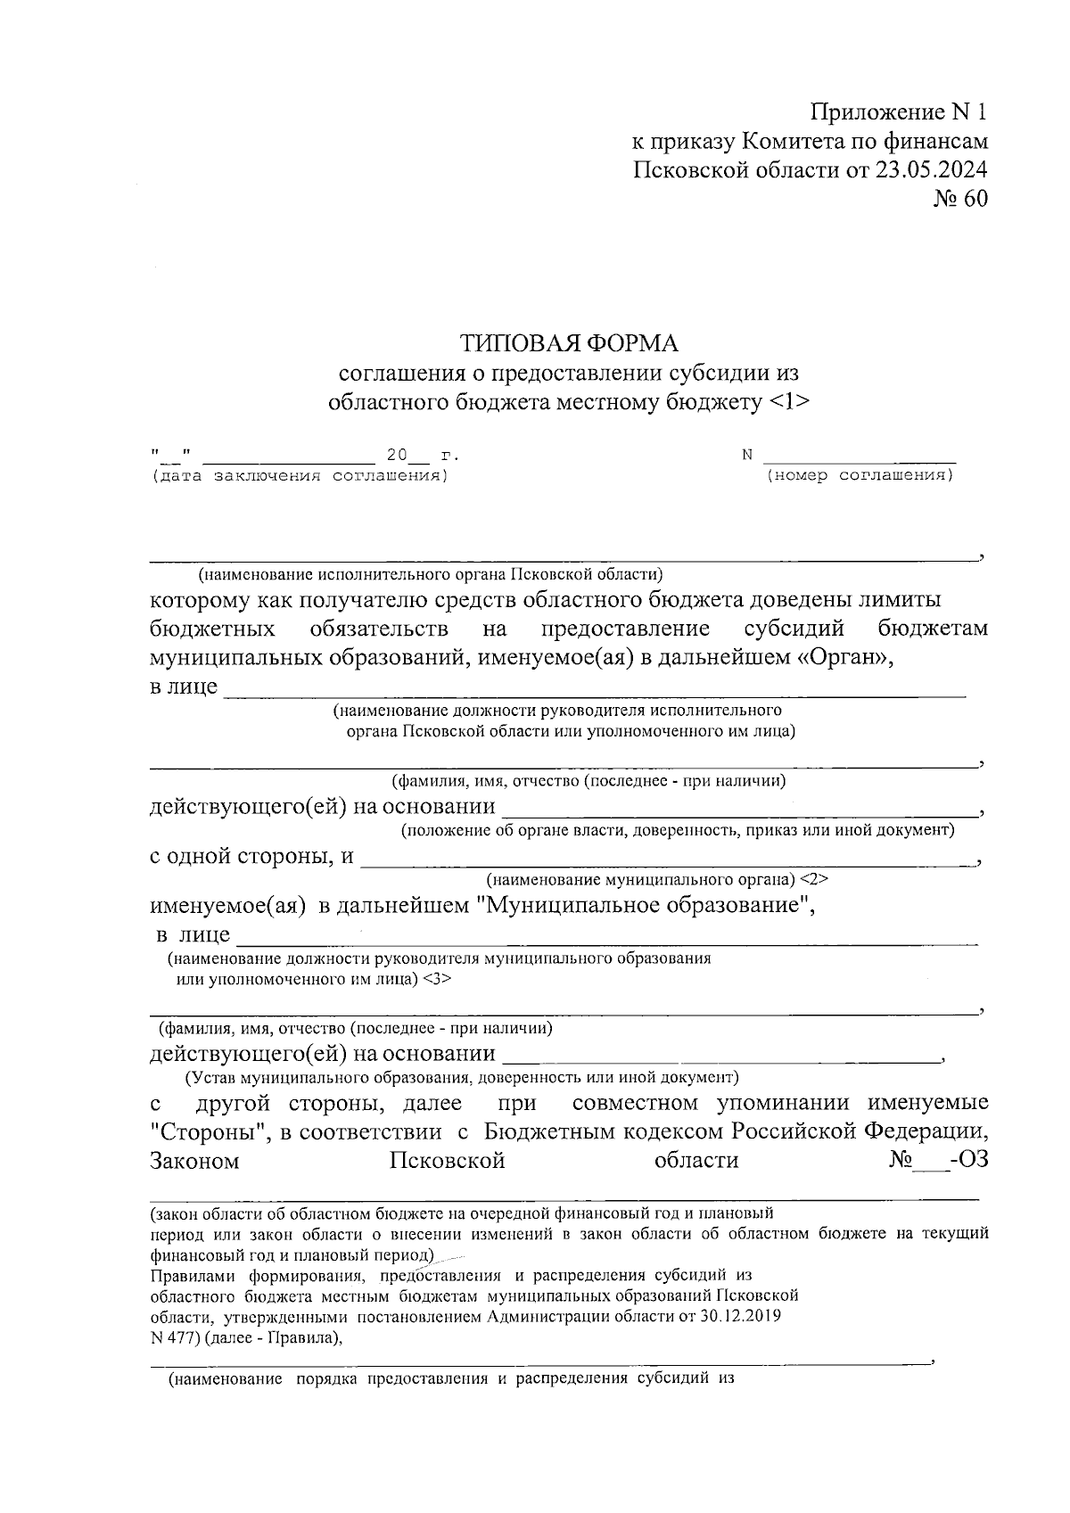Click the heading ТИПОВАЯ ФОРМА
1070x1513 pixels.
[x=569, y=343]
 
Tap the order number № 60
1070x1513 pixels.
[x=960, y=199]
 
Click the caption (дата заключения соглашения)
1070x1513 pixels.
[x=300, y=475]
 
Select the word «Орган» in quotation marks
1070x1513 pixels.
[x=843, y=658]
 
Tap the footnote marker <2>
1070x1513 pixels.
[x=814, y=879]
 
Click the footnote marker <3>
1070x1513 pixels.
[x=437, y=979]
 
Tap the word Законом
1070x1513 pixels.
[x=194, y=1161]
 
